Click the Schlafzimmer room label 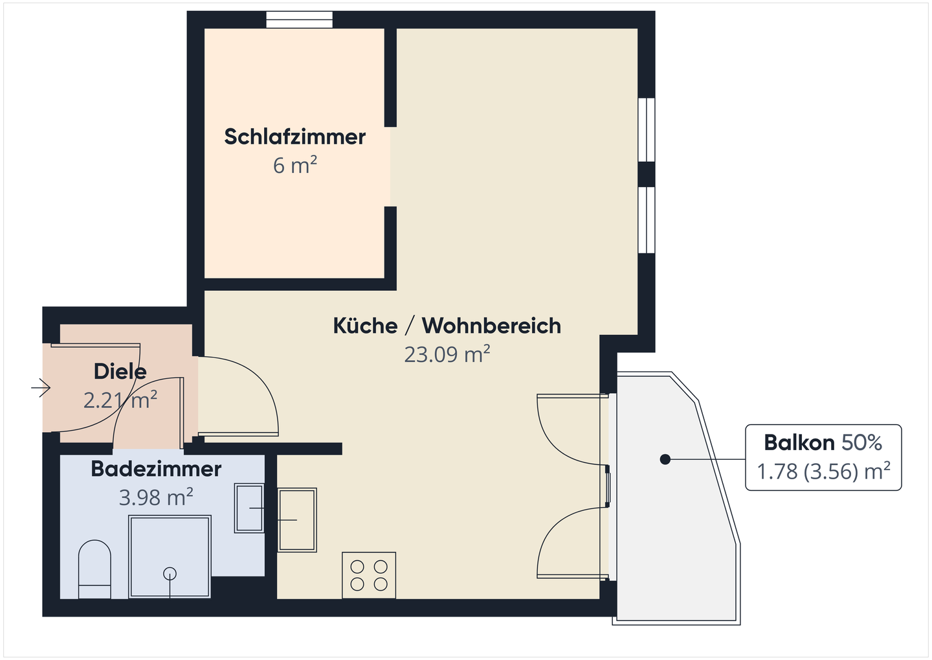coord(294,137)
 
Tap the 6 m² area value coord(294,166)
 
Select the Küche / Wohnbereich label coord(447,325)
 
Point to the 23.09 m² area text coord(447,355)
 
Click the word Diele coord(120,371)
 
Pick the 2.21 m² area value coord(120,400)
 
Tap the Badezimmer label coord(156,468)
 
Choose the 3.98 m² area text coord(156,497)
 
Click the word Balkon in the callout coord(799,442)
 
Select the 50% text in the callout coord(861,442)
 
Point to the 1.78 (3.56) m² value coord(823,472)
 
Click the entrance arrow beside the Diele coord(41,388)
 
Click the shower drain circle coord(170,573)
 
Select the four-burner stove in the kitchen coord(368,575)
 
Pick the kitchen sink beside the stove coord(297,519)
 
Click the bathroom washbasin coord(249,508)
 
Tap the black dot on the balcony coord(664,459)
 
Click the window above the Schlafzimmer coord(299,19)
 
